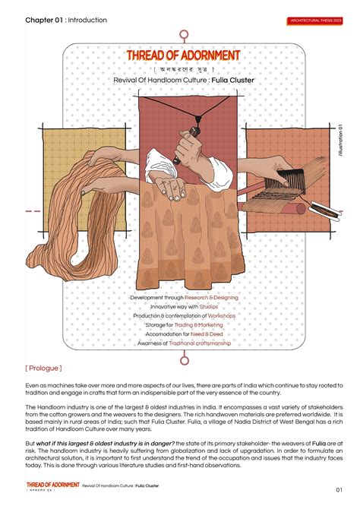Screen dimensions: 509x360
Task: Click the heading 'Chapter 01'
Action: [x=45, y=20]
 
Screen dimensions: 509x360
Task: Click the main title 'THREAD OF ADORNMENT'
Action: [x=183, y=56]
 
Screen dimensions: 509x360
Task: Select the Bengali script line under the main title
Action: [x=183, y=68]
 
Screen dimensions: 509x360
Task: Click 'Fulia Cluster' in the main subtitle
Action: [x=233, y=79]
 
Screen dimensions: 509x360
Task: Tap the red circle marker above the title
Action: [x=184, y=35]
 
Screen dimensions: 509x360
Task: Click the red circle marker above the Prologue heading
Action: [x=184, y=358]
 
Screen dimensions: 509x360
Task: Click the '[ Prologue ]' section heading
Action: [x=43, y=368]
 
